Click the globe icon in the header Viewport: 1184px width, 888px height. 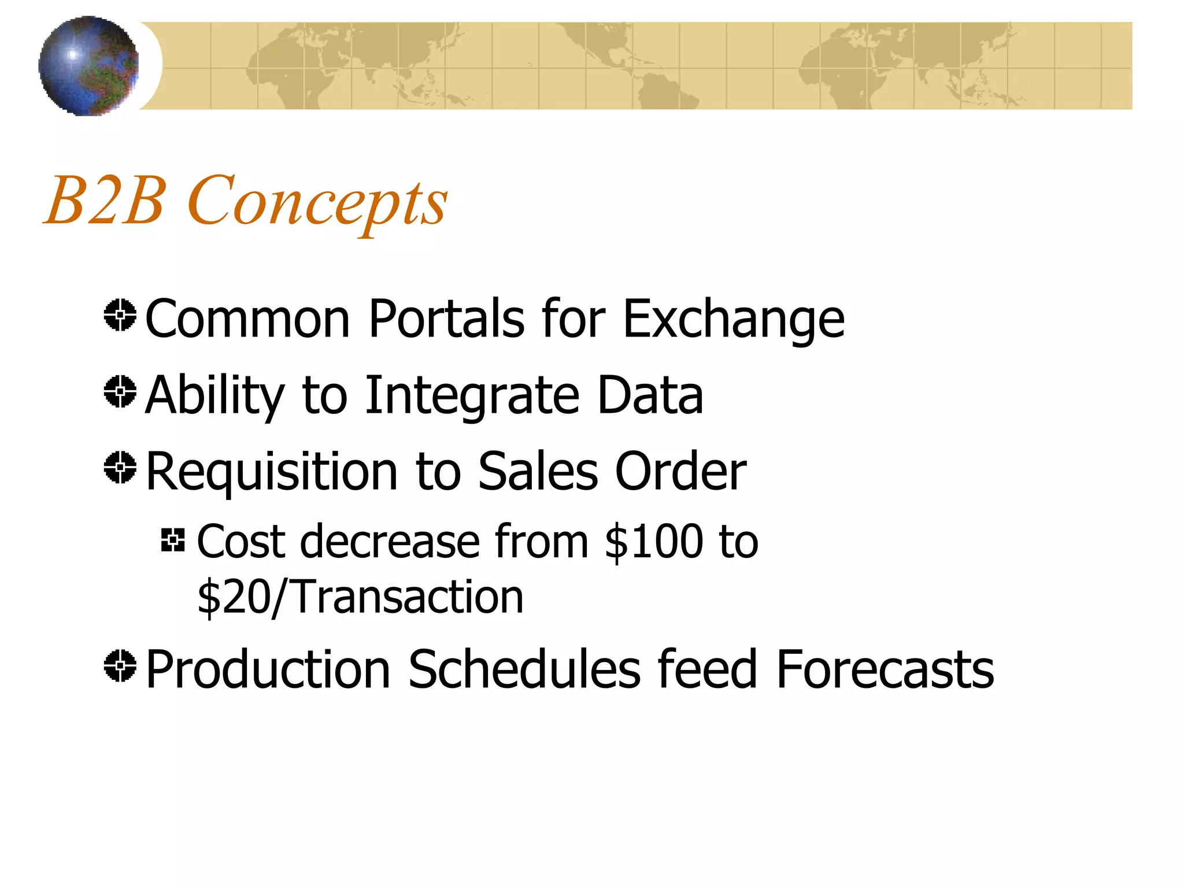(88, 65)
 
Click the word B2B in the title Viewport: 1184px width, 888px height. (105, 200)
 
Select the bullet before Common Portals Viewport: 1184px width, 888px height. (120, 316)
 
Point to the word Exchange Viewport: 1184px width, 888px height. (733, 320)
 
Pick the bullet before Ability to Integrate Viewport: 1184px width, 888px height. (120, 391)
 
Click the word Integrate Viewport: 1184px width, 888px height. (472, 396)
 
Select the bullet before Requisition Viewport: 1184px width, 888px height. (120, 467)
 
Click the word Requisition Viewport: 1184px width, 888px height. (272, 472)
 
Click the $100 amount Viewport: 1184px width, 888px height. (653, 542)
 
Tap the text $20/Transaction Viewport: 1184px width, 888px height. (360, 597)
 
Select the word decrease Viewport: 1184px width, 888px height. (390, 542)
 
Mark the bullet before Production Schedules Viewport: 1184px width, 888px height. (120, 665)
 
